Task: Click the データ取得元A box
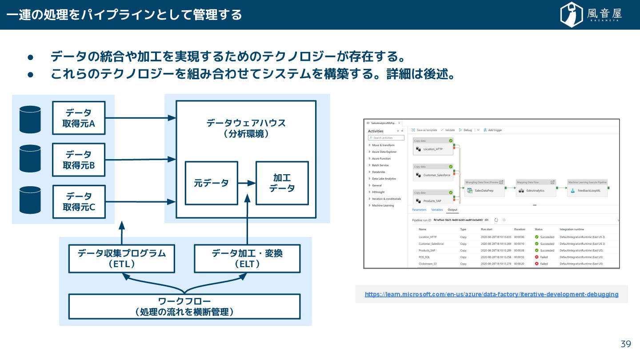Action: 79,118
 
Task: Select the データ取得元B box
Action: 79,160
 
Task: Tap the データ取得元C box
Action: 79,201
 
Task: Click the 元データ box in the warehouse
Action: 211,183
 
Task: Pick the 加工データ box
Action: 282,183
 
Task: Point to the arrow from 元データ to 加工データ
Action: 247,183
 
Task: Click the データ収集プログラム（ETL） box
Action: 121,259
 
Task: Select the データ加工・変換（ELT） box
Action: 247,259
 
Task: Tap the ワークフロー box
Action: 184,306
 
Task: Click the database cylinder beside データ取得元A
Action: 30,119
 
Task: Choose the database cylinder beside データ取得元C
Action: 30,200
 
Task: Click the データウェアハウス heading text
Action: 246,123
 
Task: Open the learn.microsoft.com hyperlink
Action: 491,294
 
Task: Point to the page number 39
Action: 626,344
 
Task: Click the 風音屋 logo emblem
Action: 572,14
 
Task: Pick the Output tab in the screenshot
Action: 452,210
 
